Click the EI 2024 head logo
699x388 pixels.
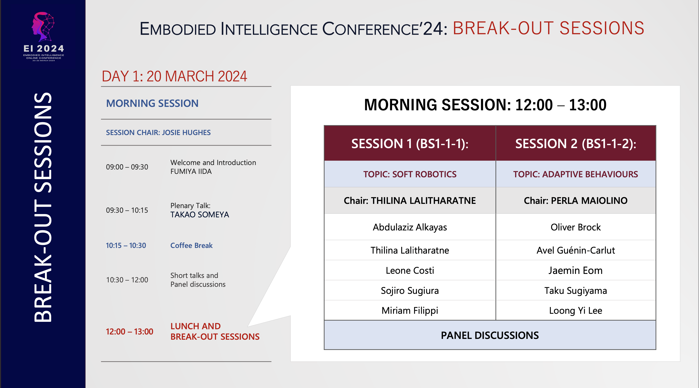(43, 27)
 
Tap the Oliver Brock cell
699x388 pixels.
(575, 227)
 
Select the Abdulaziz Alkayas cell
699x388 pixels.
(410, 227)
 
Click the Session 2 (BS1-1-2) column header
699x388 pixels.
(575, 143)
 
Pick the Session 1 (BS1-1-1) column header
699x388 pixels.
(410, 143)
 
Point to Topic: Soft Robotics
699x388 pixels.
(410, 174)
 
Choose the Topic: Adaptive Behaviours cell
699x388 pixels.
(575, 174)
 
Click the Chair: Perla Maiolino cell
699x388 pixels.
(575, 200)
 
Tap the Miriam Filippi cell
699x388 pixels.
(410, 310)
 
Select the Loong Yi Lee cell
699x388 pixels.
(575, 310)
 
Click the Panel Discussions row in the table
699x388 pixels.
(490, 335)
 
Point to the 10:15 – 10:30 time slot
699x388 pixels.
(126, 246)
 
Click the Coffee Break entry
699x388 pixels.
(191, 246)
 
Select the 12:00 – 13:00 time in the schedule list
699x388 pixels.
(129, 332)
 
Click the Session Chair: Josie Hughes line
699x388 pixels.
(158, 132)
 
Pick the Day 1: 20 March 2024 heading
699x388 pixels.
(174, 76)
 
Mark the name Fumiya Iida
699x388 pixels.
(191, 171)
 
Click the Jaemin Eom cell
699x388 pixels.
(575, 270)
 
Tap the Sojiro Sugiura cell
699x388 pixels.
(410, 290)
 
